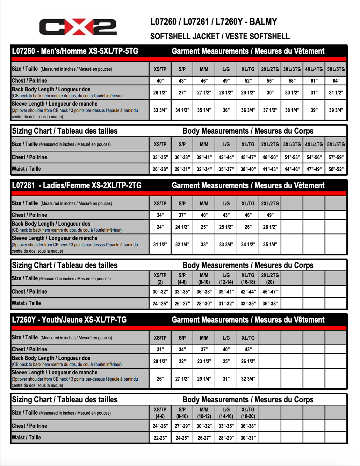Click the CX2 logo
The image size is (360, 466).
78,27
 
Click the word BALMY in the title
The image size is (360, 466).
263,22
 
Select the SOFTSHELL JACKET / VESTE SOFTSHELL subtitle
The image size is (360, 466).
220,36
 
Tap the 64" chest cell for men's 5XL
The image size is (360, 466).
336,81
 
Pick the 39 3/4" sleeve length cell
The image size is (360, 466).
336,110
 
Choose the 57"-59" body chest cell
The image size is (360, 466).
336,157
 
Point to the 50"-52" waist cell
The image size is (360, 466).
336,169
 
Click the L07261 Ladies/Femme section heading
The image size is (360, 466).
77,185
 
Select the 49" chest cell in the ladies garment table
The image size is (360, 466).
270,215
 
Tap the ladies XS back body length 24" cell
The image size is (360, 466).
160,227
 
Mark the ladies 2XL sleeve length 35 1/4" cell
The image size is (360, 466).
270,244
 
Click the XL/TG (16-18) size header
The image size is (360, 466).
248,278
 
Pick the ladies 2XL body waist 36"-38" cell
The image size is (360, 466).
270,303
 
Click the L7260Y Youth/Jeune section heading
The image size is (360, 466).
69,320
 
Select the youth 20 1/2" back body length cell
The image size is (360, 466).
160,361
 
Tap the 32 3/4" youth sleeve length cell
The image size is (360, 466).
248,379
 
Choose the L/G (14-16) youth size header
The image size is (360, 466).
226,413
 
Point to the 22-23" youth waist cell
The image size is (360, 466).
160,438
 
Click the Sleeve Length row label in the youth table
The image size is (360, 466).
55,373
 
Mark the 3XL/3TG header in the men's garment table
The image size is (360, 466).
292,69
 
